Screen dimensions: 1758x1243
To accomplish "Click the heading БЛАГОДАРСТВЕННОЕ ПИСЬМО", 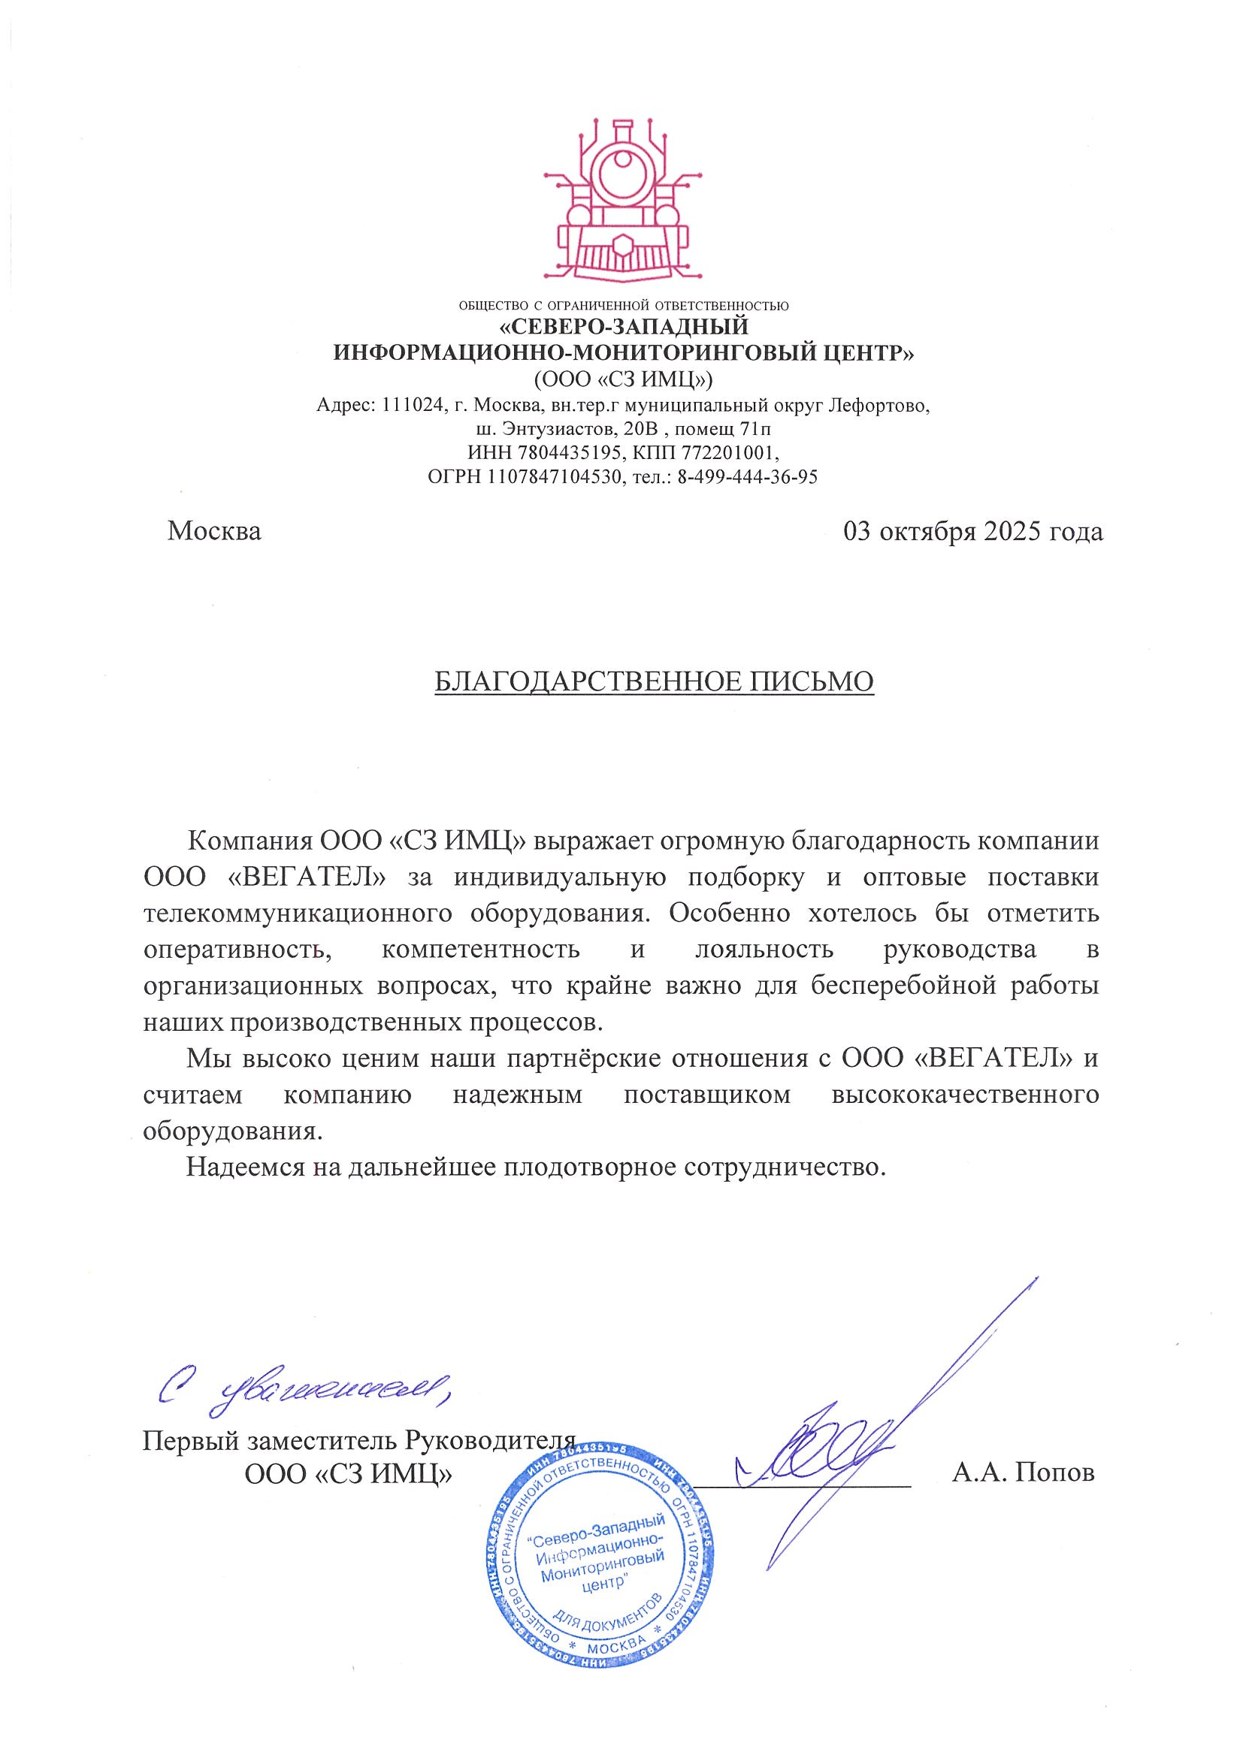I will click(654, 681).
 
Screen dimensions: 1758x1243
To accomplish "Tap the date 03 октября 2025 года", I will click(972, 531).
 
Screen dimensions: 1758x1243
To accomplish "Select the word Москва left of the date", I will click(214, 531).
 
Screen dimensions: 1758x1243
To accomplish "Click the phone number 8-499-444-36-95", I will click(747, 477).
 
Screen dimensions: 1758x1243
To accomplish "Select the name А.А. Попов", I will click(1024, 1472).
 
